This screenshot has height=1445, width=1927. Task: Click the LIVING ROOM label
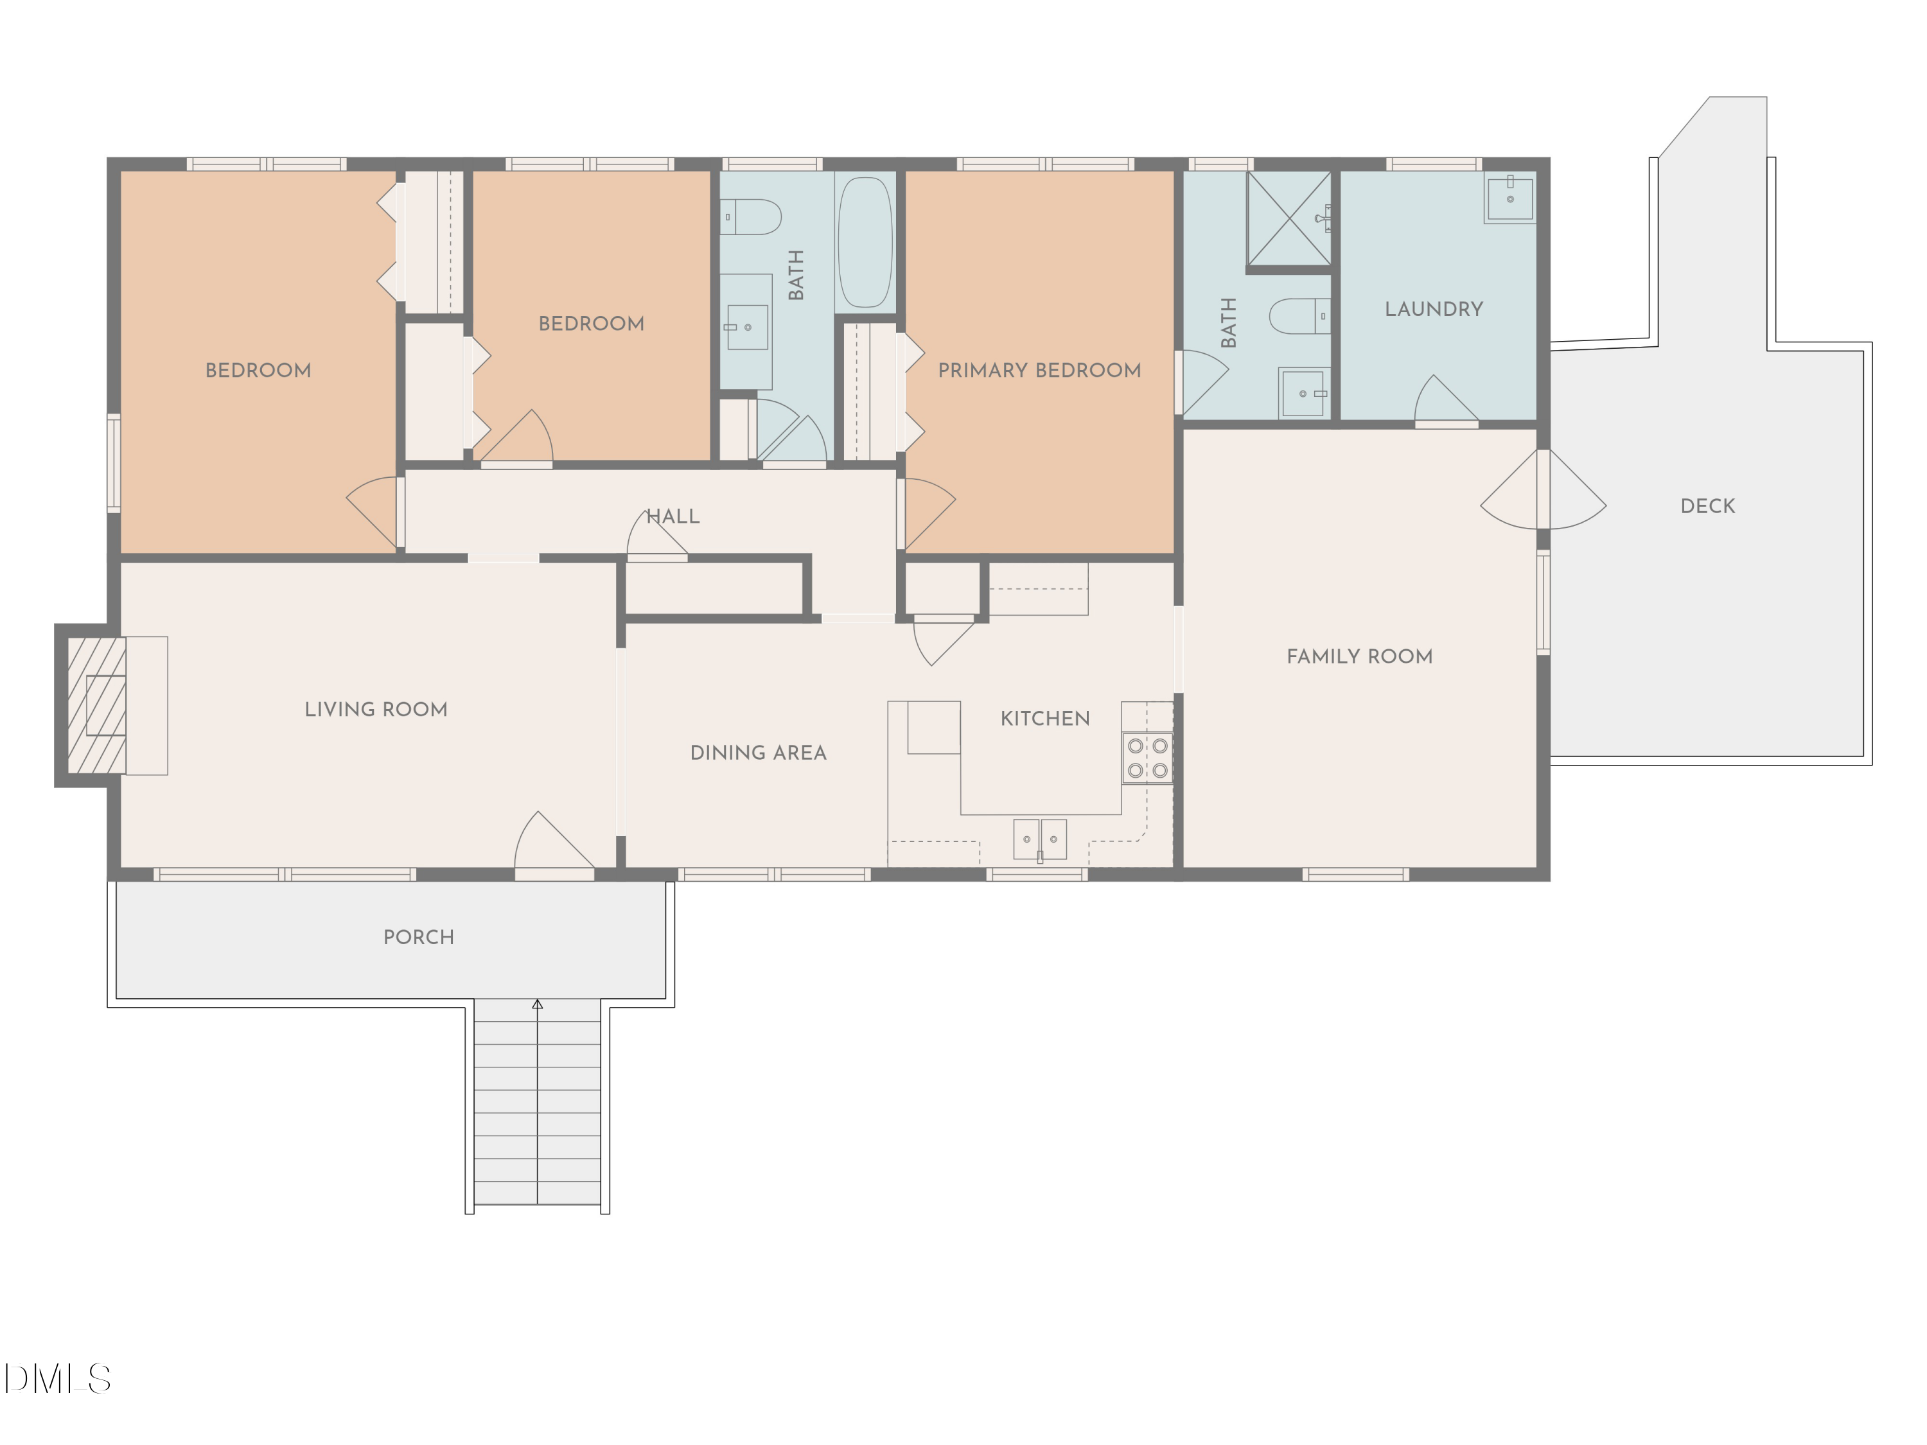pyautogui.click(x=376, y=709)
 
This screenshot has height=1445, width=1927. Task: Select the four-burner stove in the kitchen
pyautogui.click(x=1147, y=758)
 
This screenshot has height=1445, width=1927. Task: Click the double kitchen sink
pyautogui.click(x=1040, y=839)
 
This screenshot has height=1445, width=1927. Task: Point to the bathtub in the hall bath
pyautogui.click(x=865, y=242)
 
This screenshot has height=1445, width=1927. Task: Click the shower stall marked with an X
pyautogui.click(x=1289, y=218)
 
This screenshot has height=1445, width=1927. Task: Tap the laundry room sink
pyautogui.click(x=1509, y=198)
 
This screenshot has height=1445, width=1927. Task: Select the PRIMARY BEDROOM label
pyautogui.click(x=1039, y=370)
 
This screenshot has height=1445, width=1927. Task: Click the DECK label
pyautogui.click(x=1707, y=506)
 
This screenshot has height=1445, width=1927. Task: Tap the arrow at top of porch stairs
pyautogui.click(x=538, y=1004)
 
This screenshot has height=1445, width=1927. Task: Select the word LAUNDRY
pyautogui.click(x=1434, y=309)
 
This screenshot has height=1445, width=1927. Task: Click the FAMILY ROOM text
pyautogui.click(x=1359, y=656)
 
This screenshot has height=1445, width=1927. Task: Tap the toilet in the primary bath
pyautogui.click(x=1299, y=316)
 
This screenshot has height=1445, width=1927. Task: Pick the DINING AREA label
pyautogui.click(x=758, y=753)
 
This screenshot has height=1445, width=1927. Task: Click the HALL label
pyautogui.click(x=673, y=516)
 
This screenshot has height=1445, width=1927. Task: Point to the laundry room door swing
pyautogui.click(x=1445, y=401)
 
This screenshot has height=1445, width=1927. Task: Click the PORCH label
pyautogui.click(x=418, y=937)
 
